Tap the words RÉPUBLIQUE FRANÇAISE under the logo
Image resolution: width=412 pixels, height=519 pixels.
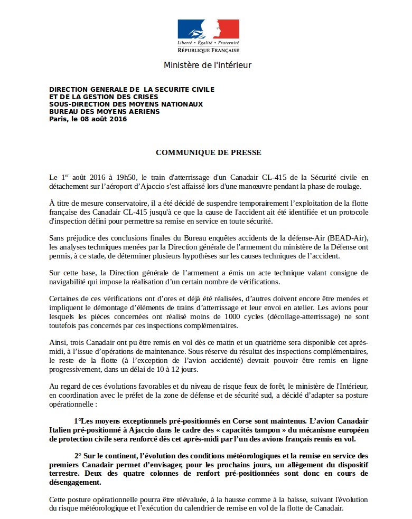tap(208, 50)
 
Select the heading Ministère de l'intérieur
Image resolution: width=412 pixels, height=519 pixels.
tap(208, 65)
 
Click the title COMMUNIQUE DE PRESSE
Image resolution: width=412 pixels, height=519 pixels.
tap(208, 152)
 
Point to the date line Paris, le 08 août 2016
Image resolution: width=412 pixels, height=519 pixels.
tap(88, 119)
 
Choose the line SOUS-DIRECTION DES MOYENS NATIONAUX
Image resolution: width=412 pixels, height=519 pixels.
tap(126, 104)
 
